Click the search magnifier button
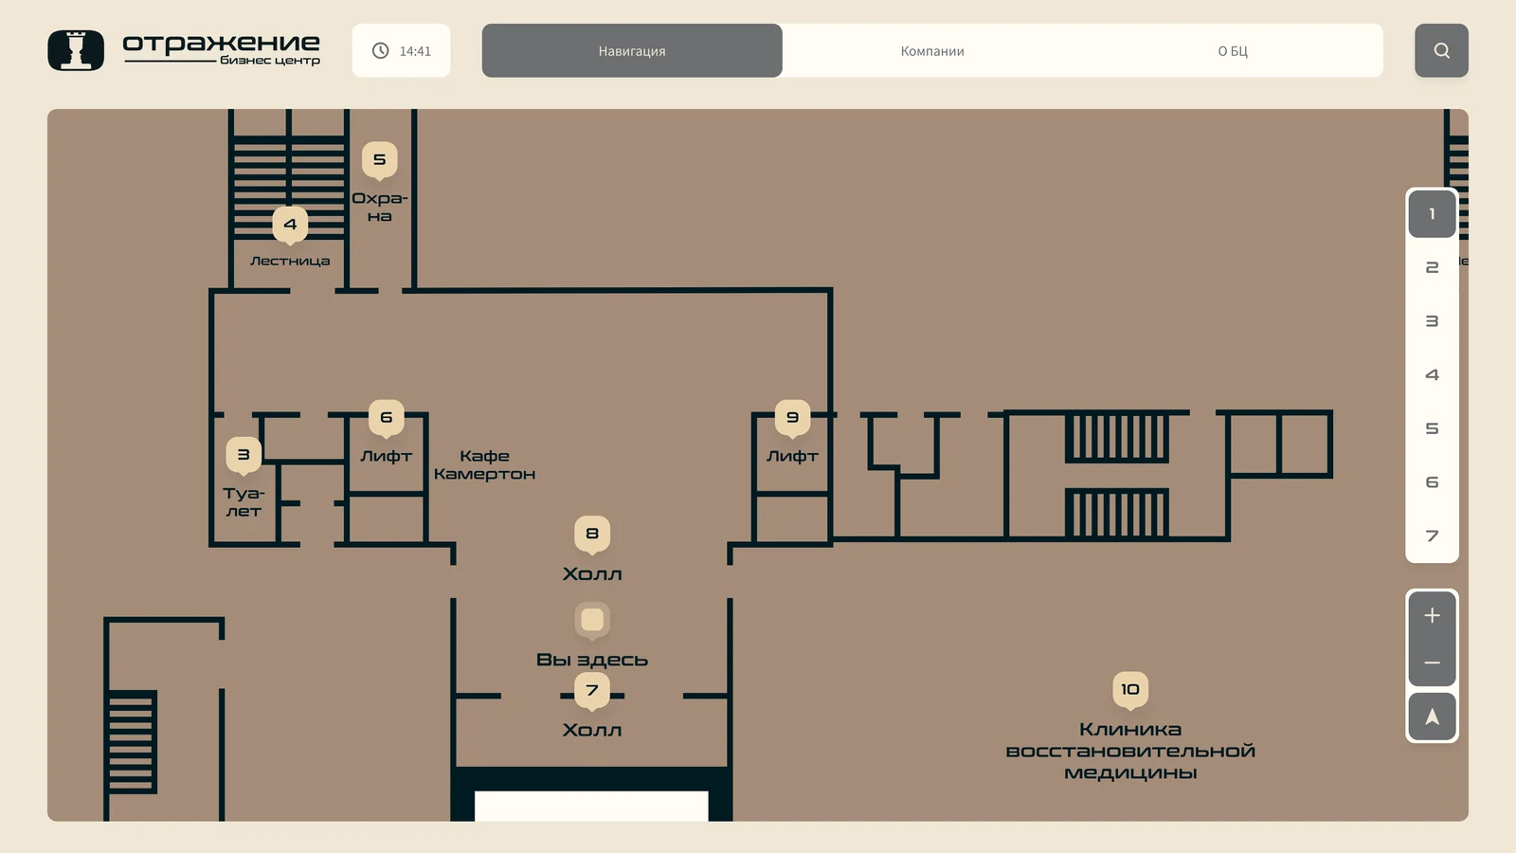[1441, 51]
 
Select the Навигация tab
[631, 51]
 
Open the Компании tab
[932, 51]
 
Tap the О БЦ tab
[1233, 51]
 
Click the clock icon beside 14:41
[380, 51]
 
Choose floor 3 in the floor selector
[1432, 321]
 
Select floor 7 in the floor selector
[1432, 535]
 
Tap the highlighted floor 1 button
[1432, 214]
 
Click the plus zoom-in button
[1432, 615]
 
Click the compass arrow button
[1432, 717]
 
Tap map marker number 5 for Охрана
[379, 160]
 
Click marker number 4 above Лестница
[290, 225]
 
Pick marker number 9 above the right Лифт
[792, 418]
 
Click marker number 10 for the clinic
[1129, 690]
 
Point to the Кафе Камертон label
[484, 464]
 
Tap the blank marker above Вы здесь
[591, 621]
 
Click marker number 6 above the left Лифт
[386, 418]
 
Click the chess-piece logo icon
[76, 50]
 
